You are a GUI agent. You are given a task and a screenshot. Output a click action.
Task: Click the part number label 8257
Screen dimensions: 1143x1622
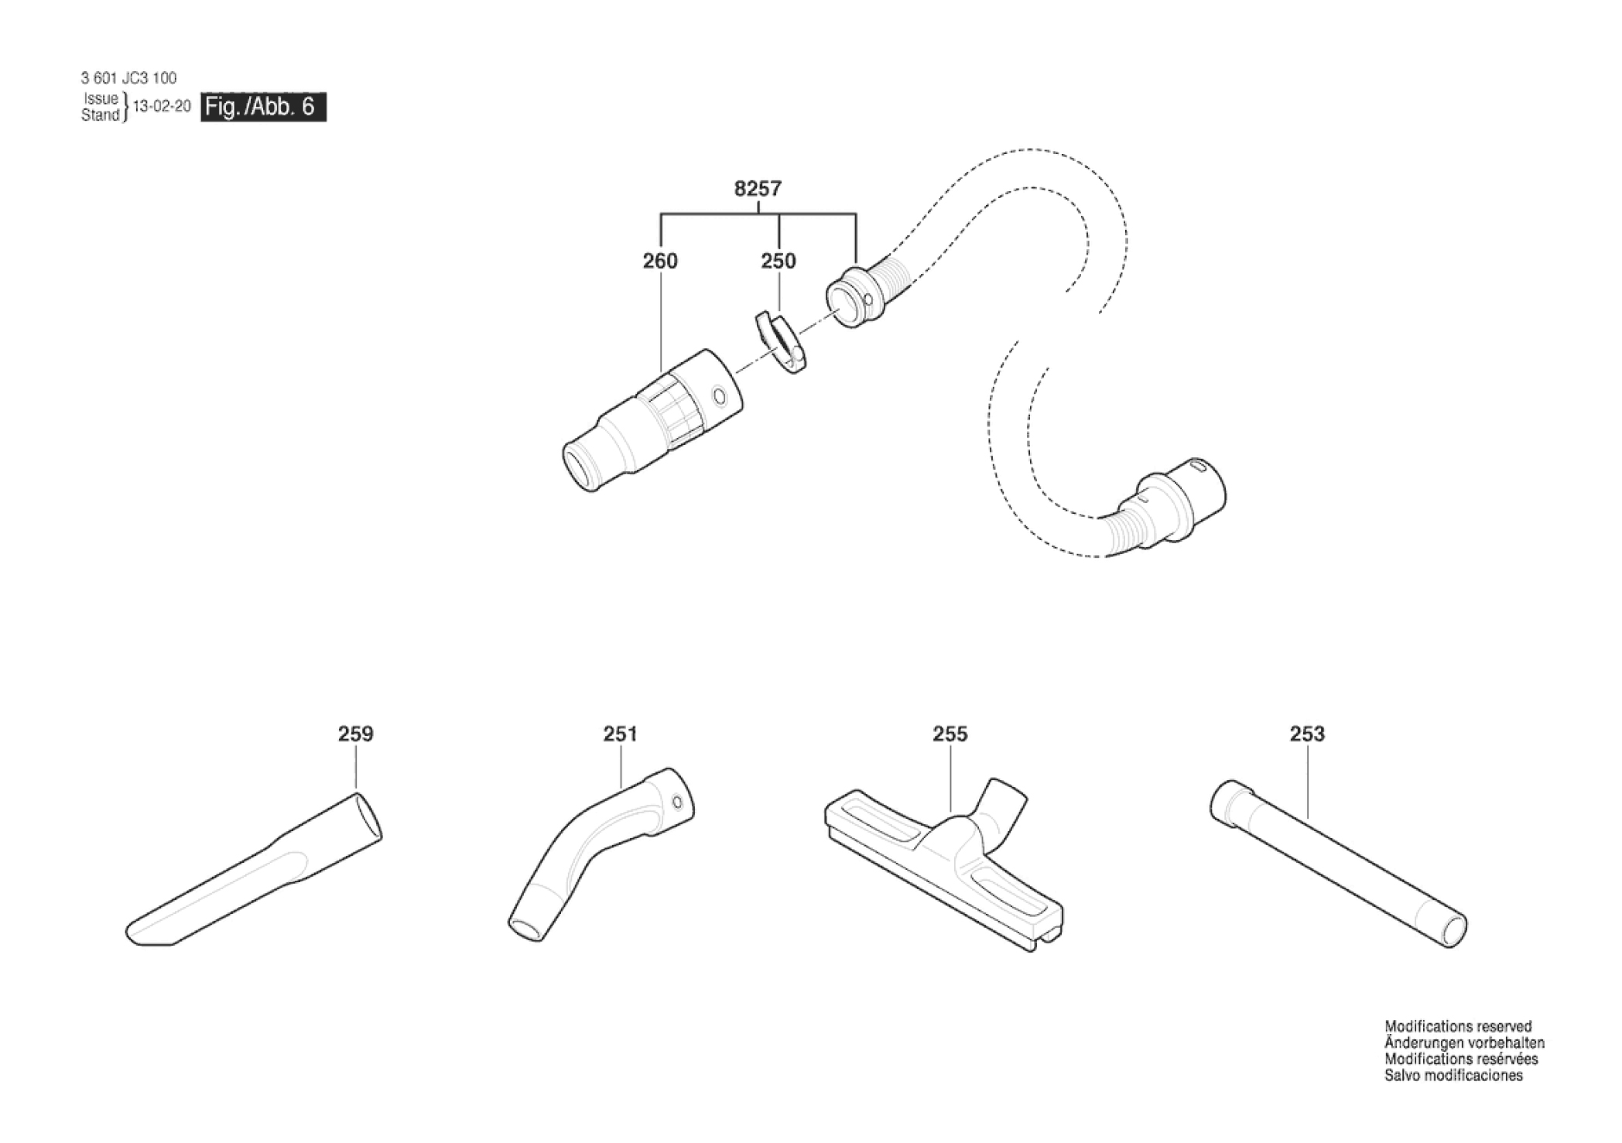pos(758,189)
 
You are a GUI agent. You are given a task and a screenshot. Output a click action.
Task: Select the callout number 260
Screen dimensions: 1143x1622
pos(660,262)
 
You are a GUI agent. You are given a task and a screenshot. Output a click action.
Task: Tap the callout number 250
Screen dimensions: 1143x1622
pos(778,262)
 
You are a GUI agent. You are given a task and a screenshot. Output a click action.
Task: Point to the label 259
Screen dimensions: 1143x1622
pos(355,734)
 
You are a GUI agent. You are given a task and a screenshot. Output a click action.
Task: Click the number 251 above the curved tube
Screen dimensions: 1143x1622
pos(620,734)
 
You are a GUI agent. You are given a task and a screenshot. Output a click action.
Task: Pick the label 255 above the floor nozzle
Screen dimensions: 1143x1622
pos(950,734)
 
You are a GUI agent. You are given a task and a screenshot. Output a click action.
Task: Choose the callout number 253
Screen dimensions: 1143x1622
pos(1307,734)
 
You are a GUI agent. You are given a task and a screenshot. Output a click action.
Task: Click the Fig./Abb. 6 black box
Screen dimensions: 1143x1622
pos(263,107)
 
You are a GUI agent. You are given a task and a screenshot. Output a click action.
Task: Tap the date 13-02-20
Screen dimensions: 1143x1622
pos(162,107)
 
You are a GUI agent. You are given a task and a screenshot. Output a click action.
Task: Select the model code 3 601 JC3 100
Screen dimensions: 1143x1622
pos(128,78)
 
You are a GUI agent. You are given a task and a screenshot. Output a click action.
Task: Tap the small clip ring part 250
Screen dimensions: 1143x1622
pos(777,341)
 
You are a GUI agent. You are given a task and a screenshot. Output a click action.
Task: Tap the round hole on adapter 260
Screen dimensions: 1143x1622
pos(720,398)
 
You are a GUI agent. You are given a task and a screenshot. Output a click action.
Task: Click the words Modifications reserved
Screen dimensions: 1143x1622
pos(1458,1027)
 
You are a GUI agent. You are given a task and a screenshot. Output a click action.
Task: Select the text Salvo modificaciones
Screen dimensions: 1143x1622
pos(1453,1076)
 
